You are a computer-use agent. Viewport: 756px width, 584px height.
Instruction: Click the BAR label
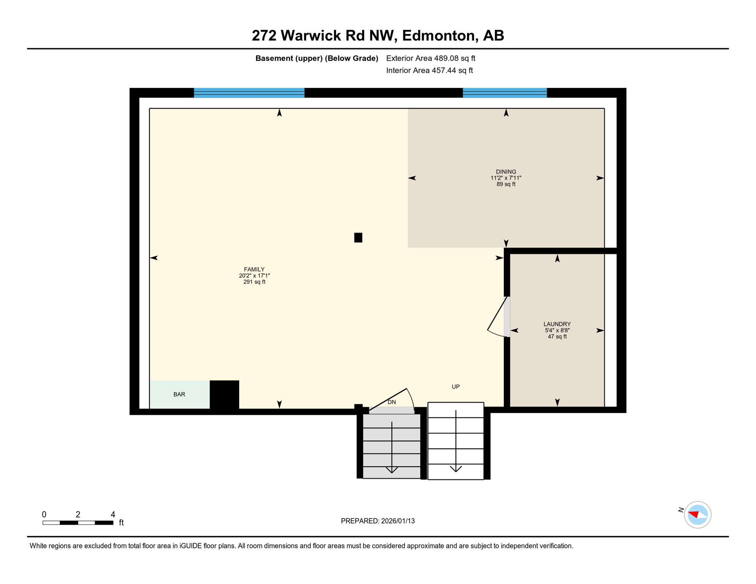point(179,395)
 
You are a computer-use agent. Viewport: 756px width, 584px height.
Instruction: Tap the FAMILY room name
point(254,270)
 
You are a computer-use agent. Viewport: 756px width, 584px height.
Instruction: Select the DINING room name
point(506,172)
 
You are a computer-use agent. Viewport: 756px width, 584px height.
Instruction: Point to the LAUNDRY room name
point(557,324)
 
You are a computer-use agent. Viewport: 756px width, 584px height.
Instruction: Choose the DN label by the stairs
point(392,402)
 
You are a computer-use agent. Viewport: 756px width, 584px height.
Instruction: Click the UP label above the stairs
point(456,387)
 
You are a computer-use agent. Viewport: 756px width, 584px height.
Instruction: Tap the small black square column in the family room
point(358,238)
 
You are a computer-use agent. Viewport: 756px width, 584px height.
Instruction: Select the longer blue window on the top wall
point(249,93)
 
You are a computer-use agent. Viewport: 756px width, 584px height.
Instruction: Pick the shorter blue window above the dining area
point(505,93)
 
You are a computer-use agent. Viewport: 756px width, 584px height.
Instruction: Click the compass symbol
point(697,515)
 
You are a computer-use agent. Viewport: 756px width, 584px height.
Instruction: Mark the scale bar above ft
point(78,523)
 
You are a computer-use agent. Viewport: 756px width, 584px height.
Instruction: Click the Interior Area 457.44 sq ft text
point(429,70)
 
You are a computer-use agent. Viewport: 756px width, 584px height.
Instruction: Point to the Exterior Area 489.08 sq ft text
point(430,58)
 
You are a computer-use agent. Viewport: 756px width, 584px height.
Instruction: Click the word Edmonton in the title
point(438,35)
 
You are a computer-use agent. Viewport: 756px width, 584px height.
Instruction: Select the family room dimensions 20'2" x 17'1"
point(254,276)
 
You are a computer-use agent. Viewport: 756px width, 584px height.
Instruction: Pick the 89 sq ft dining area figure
point(506,184)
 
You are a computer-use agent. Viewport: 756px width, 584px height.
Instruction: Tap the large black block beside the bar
point(224,395)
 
